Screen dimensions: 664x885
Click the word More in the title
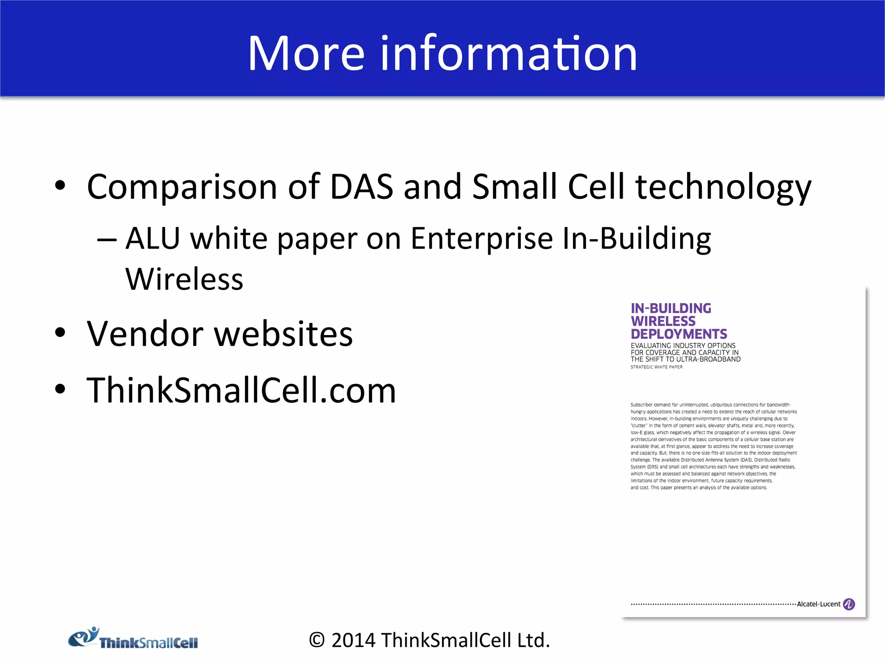coord(306,54)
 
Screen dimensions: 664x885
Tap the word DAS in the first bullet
coord(361,187)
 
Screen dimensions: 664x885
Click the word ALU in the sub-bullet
coord(153,238)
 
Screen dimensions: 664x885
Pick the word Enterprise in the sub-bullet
coord(481,239)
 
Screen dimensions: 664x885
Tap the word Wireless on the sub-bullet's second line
coord(184,279)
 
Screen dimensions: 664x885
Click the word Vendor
coord(145,334)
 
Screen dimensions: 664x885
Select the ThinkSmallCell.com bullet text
coord(241,390)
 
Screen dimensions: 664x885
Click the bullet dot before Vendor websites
coord(60,333)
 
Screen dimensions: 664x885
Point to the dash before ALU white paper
coord(107,240)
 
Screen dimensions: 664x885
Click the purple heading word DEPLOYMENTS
coord(678,334)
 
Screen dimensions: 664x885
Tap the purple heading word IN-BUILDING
coord(671,308)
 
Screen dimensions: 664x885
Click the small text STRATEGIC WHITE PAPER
coord(656,367)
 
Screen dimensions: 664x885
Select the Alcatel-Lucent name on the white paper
coord(818,604)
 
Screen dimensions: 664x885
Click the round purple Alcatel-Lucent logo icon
coord(849,604)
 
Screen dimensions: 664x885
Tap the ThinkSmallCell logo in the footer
coord(133,639)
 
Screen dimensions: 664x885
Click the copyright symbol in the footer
coord(317,640)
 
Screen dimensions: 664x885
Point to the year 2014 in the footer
coord(353,640)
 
